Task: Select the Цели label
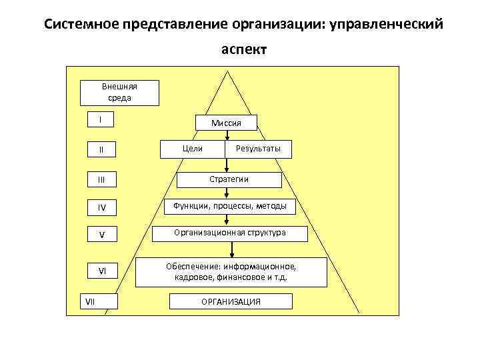(192, 148)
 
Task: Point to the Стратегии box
(229, 179)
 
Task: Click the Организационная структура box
(230, 233)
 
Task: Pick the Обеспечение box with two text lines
(231, 272)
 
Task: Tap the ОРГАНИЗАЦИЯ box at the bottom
(231, 302)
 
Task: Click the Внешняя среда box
(119, 93)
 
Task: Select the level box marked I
(101, 120)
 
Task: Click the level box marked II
(101, 149)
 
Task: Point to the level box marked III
(101, 179)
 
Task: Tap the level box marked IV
(101, 208)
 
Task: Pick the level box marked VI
(101, 271)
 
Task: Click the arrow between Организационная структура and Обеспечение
(231, 249)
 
